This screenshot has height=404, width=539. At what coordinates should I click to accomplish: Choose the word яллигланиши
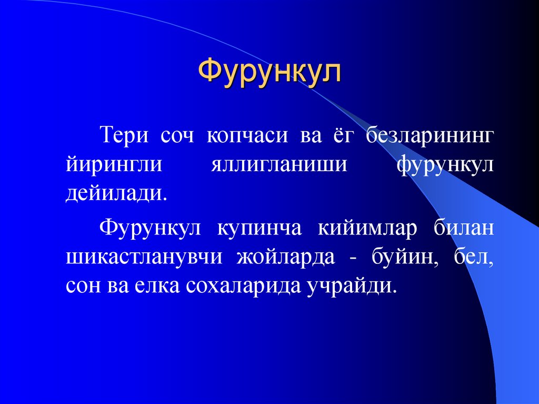pos(279,165)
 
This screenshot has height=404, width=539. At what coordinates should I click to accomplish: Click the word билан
pos(464,229)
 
